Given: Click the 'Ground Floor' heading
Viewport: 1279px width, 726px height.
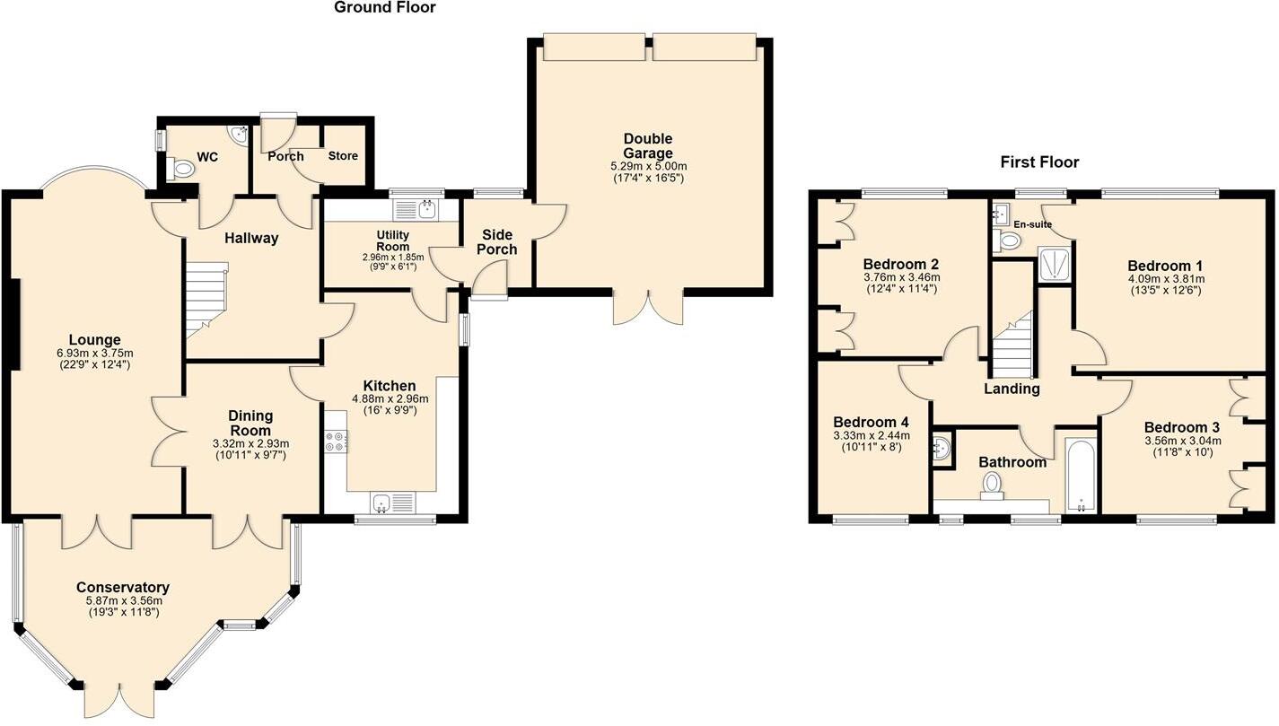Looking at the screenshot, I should (x=384, y=8).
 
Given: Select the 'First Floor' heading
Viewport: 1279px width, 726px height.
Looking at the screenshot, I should (x=1039, y=162).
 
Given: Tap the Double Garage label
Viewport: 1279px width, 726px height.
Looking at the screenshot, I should (x=648, y=146).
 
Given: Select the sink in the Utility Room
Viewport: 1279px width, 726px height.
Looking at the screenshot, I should (x=415, y=210).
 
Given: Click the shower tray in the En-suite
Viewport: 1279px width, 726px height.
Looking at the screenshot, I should (x=1054, y=265).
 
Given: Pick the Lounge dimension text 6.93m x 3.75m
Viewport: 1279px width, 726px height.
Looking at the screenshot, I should (x=94, y=353).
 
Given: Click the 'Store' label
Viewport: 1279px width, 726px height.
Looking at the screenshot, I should (x=342, y=156).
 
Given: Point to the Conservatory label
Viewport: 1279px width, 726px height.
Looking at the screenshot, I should (x=123, y=588).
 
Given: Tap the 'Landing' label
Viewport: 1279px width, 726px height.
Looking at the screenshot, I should (x=1012, y=389).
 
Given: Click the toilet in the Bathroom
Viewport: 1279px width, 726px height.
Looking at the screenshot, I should (x=992, y=485).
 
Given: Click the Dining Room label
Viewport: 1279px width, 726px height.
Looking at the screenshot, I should (x=250, y=423).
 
